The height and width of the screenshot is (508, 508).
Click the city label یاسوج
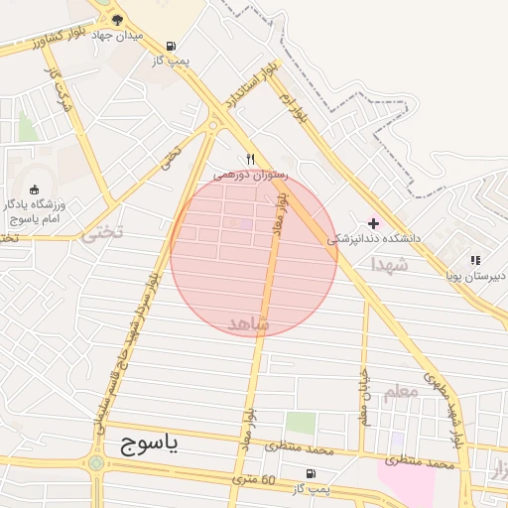[x=148, y=443]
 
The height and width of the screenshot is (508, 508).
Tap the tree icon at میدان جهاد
[x=117, y=19]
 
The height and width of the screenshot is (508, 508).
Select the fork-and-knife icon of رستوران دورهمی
[x=251, y=158]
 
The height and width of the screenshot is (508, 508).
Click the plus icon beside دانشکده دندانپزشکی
[x=373, y=223]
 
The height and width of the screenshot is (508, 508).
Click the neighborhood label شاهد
[x=249, y=324]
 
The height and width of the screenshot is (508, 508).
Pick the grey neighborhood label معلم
[x=399, y=393]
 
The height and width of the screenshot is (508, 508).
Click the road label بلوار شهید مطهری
[x=443, y=408]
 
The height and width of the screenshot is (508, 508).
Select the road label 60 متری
[x=253, y=480]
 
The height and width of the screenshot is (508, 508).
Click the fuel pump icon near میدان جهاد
[x=172, y=46]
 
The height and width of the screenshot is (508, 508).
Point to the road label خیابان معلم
[x=363, y=397]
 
